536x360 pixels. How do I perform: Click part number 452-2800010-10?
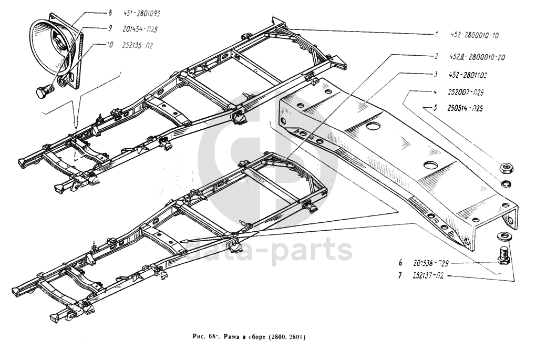474,36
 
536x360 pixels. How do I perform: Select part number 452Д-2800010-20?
477,56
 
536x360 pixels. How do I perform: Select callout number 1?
436,35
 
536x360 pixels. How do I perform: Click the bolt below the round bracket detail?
44,93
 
